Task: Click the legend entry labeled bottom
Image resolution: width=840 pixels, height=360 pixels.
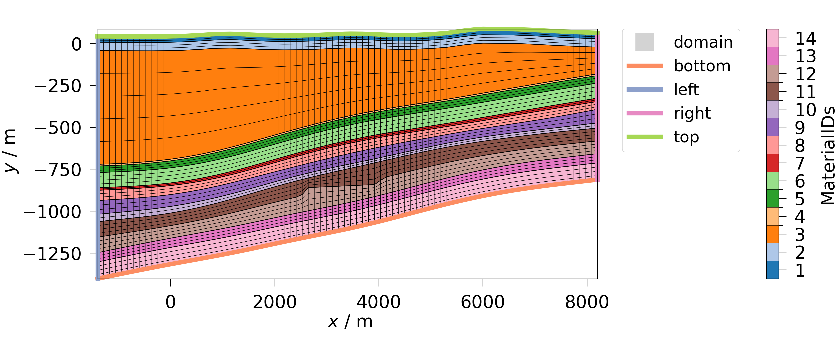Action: pos(702,66)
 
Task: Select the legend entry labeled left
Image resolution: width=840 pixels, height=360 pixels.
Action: pos(686,90)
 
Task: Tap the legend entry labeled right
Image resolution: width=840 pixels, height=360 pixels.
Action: pos(692,113)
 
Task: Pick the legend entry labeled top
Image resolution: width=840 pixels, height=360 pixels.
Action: pos(686,137)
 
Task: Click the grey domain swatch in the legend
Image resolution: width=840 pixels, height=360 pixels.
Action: pos(644,42)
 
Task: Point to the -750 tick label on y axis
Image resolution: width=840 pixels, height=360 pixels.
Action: pos(58,170)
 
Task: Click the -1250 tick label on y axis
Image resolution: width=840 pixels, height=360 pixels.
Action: pos(52,254)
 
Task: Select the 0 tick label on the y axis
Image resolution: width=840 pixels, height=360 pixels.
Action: pos(77,45)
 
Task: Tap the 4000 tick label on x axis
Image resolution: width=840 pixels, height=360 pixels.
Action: pos(379,302)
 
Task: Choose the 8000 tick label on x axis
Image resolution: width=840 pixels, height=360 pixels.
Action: pos(587,302)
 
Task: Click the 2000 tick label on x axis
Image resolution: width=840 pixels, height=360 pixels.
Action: pos(275,302)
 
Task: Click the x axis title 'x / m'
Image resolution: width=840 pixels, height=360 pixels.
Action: pos(350,322)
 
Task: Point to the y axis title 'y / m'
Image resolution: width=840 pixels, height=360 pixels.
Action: pos(10,151)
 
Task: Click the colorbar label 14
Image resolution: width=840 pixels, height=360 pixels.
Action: pos(806,39)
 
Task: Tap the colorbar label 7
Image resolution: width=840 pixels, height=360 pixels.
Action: pos(800,164)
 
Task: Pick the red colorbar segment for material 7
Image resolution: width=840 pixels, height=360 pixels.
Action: pos(773,163)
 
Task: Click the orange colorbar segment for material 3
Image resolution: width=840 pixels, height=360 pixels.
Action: pos(773,234)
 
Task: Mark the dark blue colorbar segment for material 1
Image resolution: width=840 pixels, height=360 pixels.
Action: pos(773,270)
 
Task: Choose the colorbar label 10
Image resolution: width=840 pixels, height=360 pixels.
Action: pos(806,110)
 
